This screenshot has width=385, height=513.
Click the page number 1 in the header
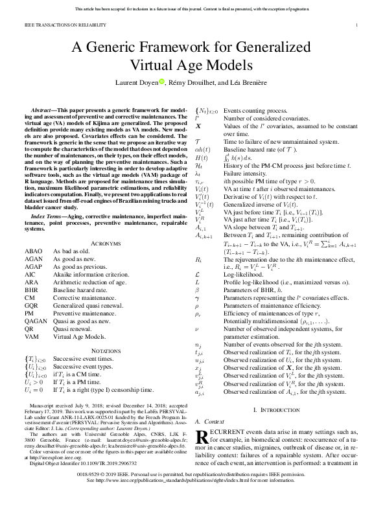tap(357, 25)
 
